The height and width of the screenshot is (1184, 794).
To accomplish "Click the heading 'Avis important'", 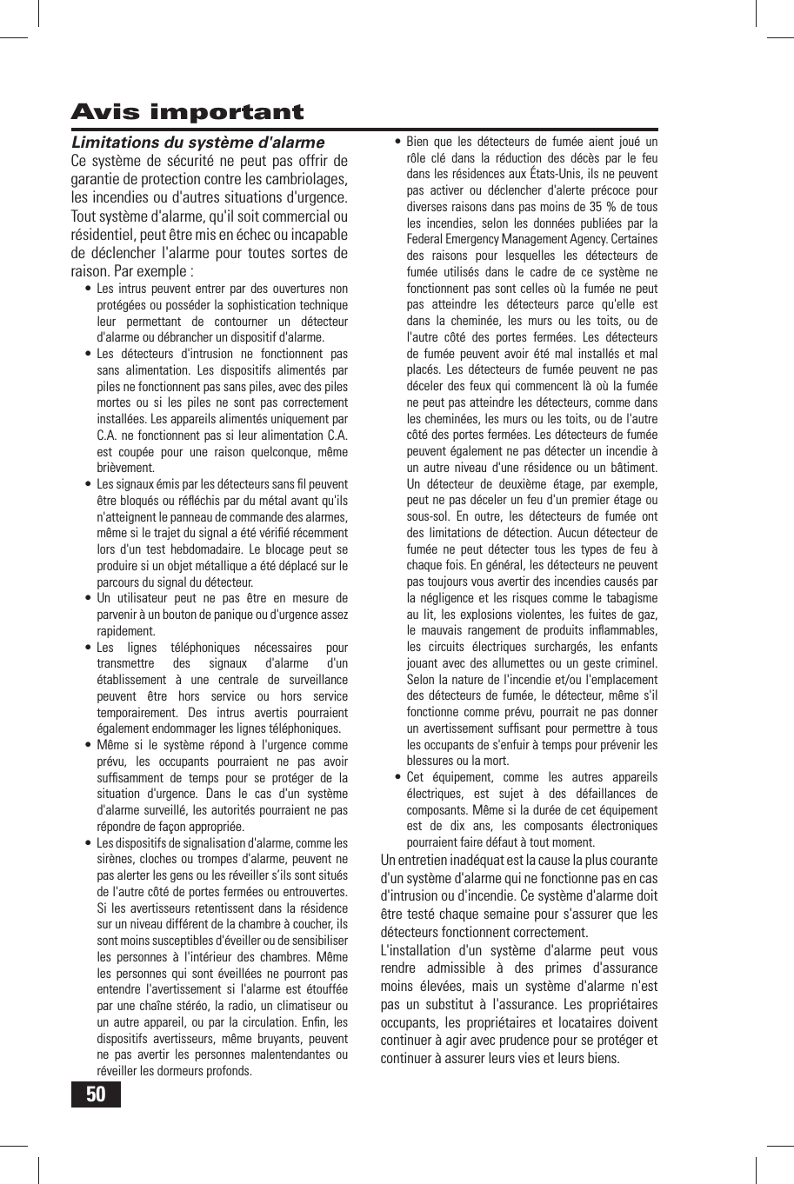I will [187, 112].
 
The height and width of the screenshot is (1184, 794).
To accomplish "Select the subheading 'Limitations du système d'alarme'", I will [197, 143].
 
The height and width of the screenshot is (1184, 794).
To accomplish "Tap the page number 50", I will [96, 1094].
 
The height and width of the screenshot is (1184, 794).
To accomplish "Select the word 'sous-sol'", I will [427, 516].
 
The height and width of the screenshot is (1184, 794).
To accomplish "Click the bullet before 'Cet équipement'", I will [397, 777].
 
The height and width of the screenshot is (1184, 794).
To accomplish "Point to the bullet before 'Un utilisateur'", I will [88, 598].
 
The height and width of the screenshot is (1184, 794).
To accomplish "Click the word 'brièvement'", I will [125, 468].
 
